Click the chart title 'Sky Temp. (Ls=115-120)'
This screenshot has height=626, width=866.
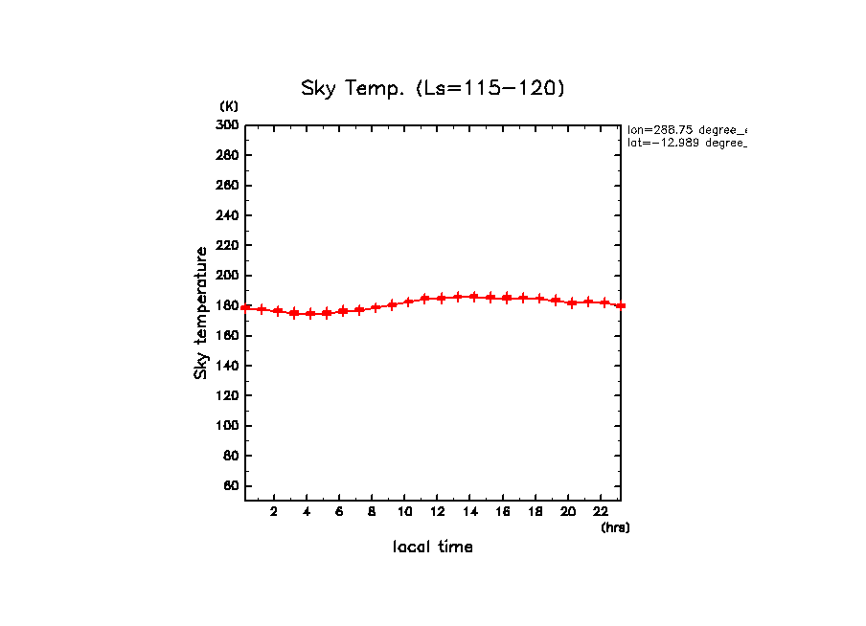pyautogui.click(x=433, y=89)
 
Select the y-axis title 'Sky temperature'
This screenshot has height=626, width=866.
pyautogui.click(x=201, y=313)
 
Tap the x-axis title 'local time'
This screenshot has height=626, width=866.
pyautogui.click(x=433, y=547)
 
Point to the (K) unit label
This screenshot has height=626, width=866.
pyautogui.click(x=229, y=106)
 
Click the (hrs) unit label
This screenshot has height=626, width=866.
pyautogui.click(x=615, y=526)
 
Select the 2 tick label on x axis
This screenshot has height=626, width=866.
pyautogui.click(x=274, y=511)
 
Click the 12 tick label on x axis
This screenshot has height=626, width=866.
pyautogui.click(x=438, y=511)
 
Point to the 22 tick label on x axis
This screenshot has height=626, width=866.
pyautogui.click(x=601, y=511)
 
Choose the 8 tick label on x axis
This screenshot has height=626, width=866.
pyautogui.click(x=373, y=511)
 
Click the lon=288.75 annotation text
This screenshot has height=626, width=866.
pyautogui.click(x=686, y=129)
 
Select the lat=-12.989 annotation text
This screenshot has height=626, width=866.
pyautogui.click(x=686, y=143)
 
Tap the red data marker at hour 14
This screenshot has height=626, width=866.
pyautogui.click(x=474, y=297)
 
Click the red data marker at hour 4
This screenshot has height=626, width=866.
pyautogui.click(x=310, y=314)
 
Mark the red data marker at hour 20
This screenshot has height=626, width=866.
pyautogui.click(x=572, y=302)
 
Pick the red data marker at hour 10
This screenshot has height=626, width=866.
pyautogui.click(x=408, y=302)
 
